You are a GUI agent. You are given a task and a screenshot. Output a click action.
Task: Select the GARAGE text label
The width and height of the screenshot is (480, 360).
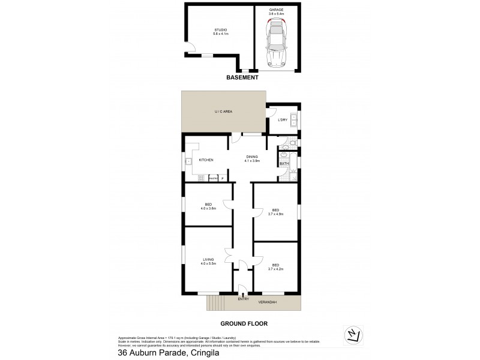click(277, 10)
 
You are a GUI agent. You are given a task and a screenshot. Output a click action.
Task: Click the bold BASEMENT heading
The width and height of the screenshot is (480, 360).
click(242, 78)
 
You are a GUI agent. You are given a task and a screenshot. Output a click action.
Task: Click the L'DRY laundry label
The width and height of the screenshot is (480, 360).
click(282, 120)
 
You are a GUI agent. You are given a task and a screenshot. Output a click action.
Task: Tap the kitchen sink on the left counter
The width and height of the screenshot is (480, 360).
click(188, 160)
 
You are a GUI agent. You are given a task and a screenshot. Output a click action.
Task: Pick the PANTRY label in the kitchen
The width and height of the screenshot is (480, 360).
click(212, 178)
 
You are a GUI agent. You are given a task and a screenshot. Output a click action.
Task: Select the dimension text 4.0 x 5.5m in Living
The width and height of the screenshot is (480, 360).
click(208, 263)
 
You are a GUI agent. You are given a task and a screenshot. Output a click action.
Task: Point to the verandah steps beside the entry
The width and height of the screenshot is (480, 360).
click(214, 303)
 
